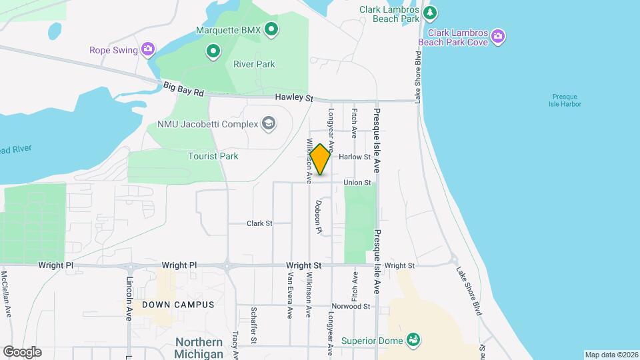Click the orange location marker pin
coord(321,159)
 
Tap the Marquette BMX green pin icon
coord(271,29)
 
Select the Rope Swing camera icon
coord(148,49)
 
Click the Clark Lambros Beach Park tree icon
coord(431,11)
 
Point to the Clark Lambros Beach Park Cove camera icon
coord(497,37)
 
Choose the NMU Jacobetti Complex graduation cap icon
coord(268,123)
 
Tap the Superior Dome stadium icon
coord(413,341)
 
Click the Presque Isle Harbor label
coord(566,100)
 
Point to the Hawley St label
coord(294,98)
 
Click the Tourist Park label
coord(213,156)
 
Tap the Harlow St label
coord(355,157)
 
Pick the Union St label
coord(357,183)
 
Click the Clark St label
coord(260,223)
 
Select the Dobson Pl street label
coord(319,217)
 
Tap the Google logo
coord(22,352)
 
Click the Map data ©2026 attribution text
coord(611,355)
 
